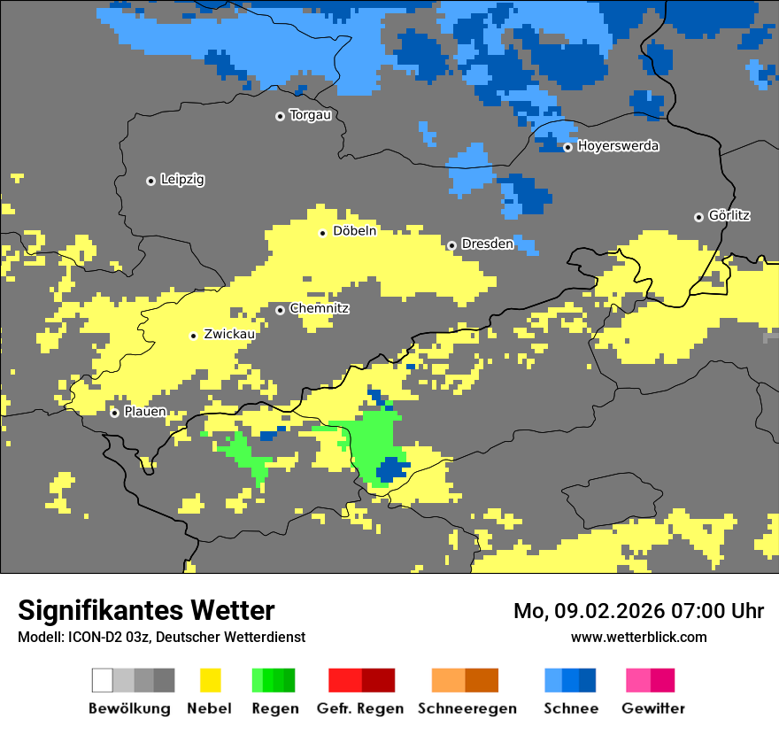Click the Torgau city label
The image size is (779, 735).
pyautogui.click(x=310, y=115)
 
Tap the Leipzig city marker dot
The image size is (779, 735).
pyautogui.click(x=150, y=181)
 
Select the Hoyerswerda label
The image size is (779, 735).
pyautogui.click(x=618, y=146)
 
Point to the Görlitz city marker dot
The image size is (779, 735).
pyautogui.click(x=698, y=217)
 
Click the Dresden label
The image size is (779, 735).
pyautogui.click(x=487, y=244)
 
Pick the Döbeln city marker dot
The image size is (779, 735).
pyautogui.click(x=322, y=233)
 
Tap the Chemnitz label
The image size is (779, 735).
pyautogui.click(x=320, y=309)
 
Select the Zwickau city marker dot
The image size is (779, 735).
pyautogui.click(x=193, y=336)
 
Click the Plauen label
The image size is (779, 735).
pyautogui.click(x=144, y=412)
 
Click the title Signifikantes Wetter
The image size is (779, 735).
pyautogui.click(x=146, y=610)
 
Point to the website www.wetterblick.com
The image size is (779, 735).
pyautogui.click(x=638, y=637)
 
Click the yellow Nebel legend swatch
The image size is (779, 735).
pyautogui.click(x=210, y=680)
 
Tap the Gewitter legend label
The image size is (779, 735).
pyautogui.click(x=652, y=708)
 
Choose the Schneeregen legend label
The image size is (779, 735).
pyautogui.click(x=467, y=708)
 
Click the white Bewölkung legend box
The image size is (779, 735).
pyautogui.click(x=102, y=680)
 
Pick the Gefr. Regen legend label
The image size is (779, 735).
pyautogui.click(x=360, y=708)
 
